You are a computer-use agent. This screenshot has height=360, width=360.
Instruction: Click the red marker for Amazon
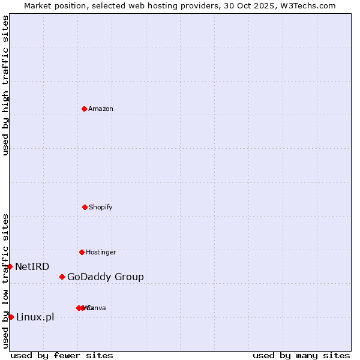[84, 109]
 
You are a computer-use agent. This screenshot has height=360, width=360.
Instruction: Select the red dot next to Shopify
[85, 207]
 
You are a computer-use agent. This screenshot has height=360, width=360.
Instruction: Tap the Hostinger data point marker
[82, 252]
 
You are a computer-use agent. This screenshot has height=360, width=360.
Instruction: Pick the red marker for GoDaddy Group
[62, 277]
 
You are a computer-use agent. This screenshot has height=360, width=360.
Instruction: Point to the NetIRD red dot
[10, 266]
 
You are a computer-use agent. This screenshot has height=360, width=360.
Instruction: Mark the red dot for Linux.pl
[11, 317]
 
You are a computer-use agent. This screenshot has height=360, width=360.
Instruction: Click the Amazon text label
[101, 109]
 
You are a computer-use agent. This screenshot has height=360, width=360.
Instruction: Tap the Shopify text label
[101, 207]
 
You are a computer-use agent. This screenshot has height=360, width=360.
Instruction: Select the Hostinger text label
[101, 252]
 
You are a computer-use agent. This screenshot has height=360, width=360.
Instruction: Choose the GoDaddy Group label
[106, 277]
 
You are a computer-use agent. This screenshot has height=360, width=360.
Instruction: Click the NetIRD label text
[32, 266]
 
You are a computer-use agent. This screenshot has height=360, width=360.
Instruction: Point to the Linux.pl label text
[35, 317]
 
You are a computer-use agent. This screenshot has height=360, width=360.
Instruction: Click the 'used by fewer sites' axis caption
[62, 355]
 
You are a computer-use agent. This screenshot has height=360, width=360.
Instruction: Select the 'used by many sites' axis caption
[301, 355]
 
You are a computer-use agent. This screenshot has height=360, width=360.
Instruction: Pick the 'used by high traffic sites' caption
[5, 85]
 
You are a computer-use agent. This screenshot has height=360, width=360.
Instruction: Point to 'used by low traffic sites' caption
[5, 281]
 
